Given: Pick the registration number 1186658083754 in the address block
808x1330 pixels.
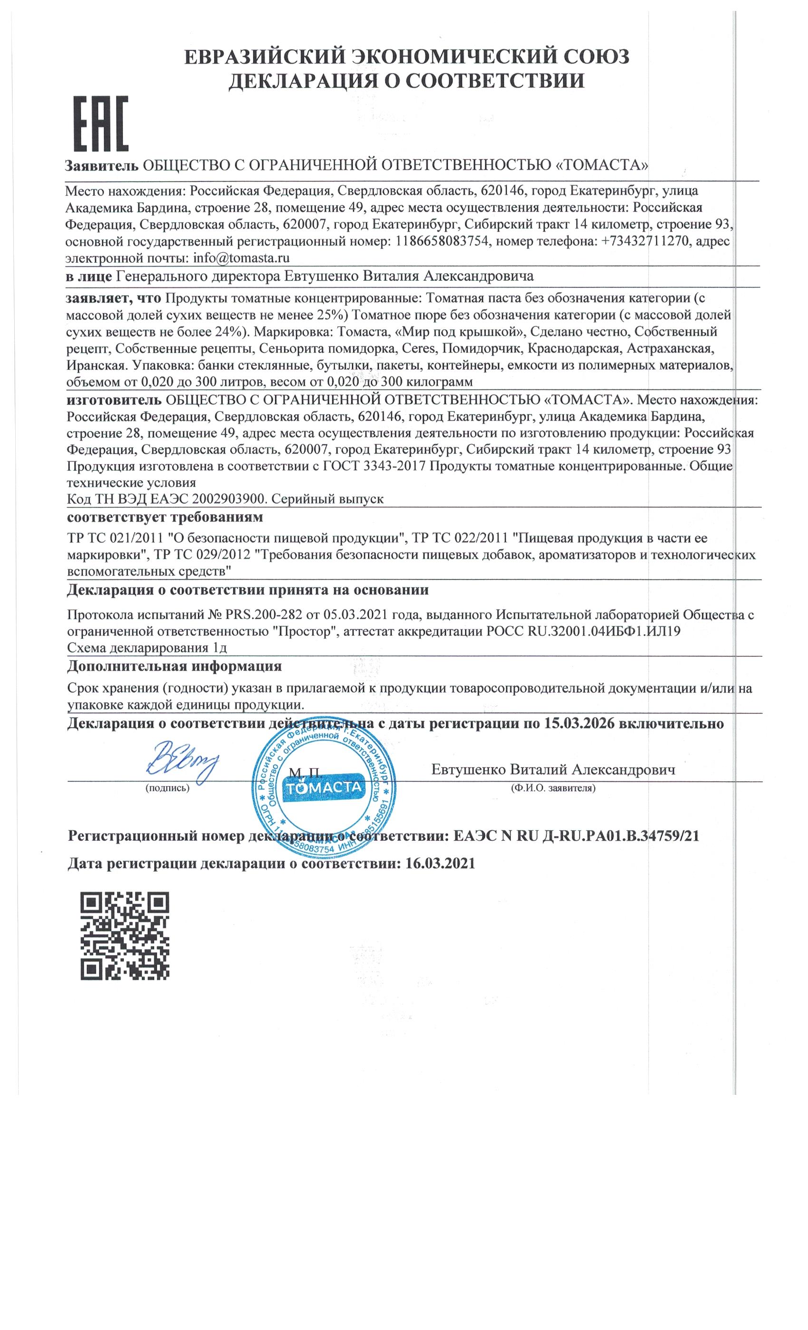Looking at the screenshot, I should coord(442,241).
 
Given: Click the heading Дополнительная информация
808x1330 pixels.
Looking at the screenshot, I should coord(174,666).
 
